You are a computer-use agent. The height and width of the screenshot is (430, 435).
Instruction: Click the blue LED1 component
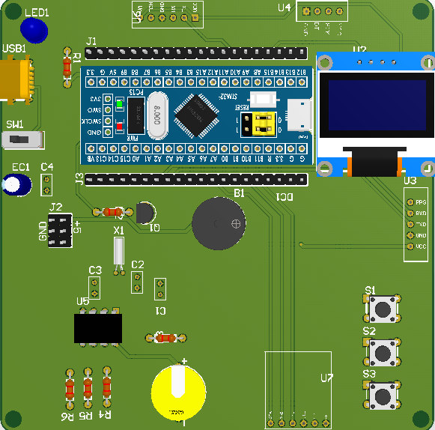click(x=34, y=30)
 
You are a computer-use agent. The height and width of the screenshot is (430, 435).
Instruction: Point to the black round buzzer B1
click(x=219, y=223)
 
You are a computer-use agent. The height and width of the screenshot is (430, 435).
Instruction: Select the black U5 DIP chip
click(x=98, y=327)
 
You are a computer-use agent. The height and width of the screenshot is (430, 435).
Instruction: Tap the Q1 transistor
click(x=146, y=214)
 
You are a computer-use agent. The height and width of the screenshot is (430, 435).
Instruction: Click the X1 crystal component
click(x=118, y=252)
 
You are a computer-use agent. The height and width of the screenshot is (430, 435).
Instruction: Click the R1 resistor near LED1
click(x=67, y=66)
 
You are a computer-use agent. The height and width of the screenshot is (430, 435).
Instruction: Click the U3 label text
click(x=410, y=181)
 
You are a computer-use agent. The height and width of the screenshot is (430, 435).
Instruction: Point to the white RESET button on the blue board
click(x=262, y=99)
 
